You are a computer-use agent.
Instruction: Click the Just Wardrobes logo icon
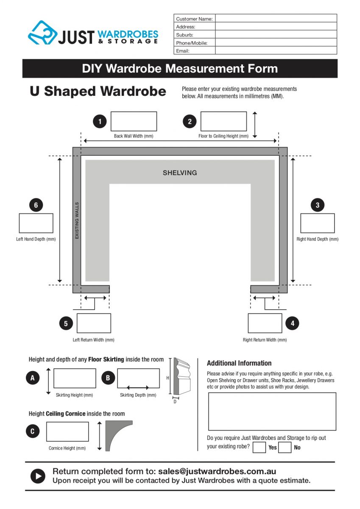pos(42,33)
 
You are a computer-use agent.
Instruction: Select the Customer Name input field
pos(276,18)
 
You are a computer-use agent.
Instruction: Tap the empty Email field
pos(276,50)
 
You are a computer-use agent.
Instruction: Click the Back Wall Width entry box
pos(134,121)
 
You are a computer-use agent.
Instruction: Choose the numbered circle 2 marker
pos(190,122)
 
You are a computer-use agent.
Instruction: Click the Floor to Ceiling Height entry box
pos(223,121)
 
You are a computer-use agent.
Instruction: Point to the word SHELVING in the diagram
pos(180,173)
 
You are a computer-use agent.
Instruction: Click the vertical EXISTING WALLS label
pos(77,221)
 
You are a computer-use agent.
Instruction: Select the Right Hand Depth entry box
pos(317,223)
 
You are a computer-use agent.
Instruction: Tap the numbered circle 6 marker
pos(36,205)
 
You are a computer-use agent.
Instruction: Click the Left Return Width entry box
pos(94,323)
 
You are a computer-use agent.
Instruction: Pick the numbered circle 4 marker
pos(293,323)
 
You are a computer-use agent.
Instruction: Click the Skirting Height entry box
pos(75,378)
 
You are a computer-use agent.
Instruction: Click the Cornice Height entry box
pos(67,431)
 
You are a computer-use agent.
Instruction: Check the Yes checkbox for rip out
pos(259,447)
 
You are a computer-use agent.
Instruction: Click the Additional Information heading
pos(239,363)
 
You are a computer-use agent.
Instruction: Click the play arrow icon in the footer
pos(38,476)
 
